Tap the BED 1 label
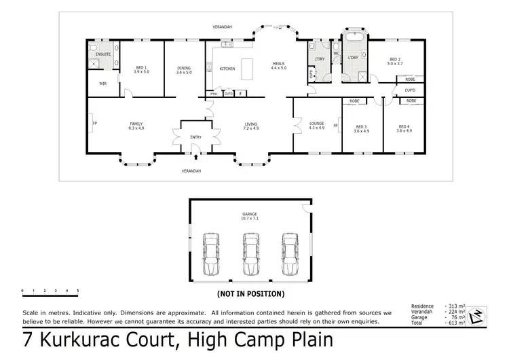[142, 69]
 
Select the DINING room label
[184, 69]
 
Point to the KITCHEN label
[227, 69]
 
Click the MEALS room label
[279, 65]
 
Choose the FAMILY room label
[136, 126]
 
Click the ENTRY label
[195, 137]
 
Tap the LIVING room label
[251, 126]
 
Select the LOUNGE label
[317, 126]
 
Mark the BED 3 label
[362, 128]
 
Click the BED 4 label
[404, 128]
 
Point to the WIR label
[102, 84]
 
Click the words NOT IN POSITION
[250, 294]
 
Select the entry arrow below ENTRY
[195, 157]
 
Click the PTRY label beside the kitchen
[214, 93]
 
